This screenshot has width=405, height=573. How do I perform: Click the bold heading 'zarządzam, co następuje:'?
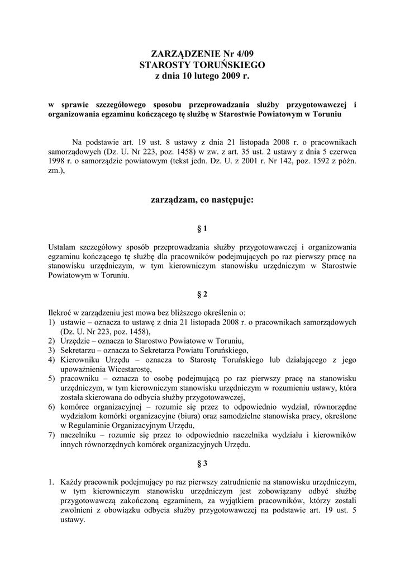[202, 199]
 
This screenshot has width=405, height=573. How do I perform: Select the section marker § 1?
[202, 229]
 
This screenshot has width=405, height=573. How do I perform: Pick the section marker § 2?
[202, 294]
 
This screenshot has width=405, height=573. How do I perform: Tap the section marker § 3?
[202, 463]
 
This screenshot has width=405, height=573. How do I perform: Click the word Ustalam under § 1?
[64, 247]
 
